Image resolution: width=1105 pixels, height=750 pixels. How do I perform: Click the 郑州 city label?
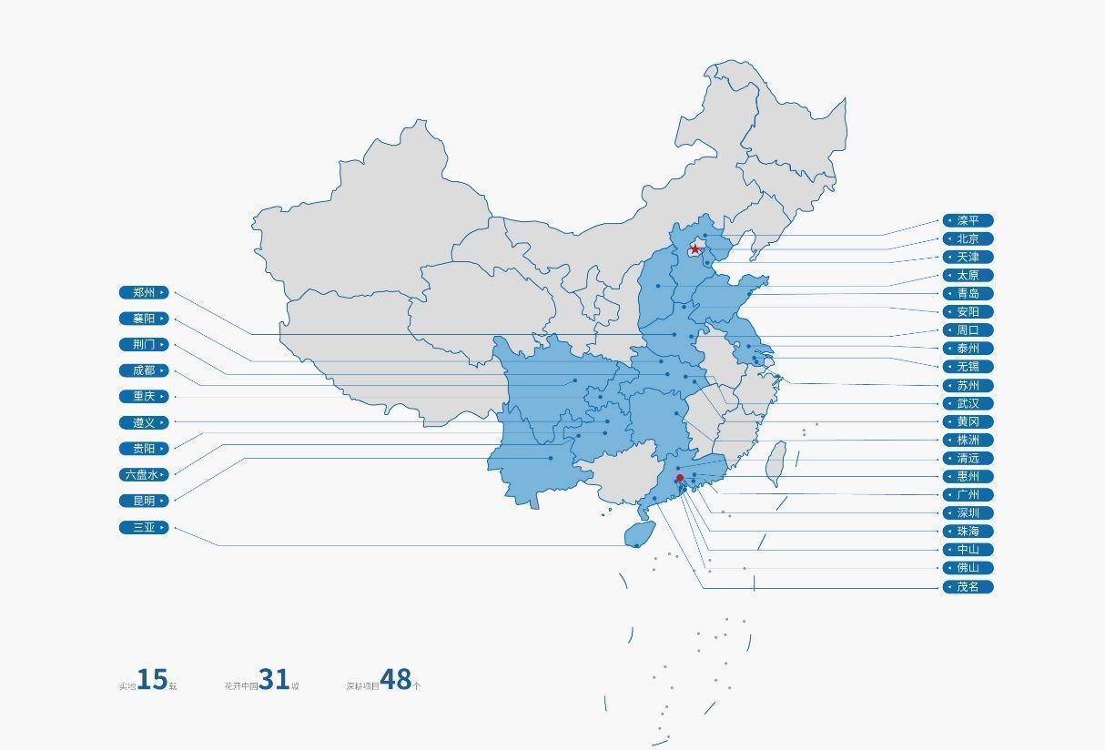coord(144,293)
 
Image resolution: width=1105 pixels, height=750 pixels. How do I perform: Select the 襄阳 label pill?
coord(144,319)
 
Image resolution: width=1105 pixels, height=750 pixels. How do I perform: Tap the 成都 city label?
coord(144,370)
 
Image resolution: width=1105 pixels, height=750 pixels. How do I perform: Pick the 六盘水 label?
coord(144,474)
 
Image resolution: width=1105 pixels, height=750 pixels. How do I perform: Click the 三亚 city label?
coord(144,527)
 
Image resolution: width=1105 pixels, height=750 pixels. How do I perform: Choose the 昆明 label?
coord(144,501)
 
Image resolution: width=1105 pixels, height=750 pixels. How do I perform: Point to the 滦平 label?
coord(968,220)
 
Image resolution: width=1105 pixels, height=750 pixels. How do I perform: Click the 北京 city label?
coord(968,238)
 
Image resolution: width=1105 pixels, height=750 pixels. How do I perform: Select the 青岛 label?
coord(968,293)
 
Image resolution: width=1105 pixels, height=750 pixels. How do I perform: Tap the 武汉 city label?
coord(968,403)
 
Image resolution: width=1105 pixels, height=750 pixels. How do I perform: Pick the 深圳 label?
coord(968,512)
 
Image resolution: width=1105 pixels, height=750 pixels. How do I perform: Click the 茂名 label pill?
coord(968,587)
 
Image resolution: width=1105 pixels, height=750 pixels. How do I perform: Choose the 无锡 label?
coord(968,367)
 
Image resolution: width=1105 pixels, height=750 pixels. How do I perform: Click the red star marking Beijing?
coord(695,249)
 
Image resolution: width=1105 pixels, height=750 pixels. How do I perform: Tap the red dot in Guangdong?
coord(679,478)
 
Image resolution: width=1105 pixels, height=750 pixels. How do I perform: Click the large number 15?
coord(152,680)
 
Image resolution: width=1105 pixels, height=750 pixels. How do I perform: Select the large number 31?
coord(273,679)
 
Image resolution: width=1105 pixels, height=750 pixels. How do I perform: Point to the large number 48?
coord(395,679)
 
